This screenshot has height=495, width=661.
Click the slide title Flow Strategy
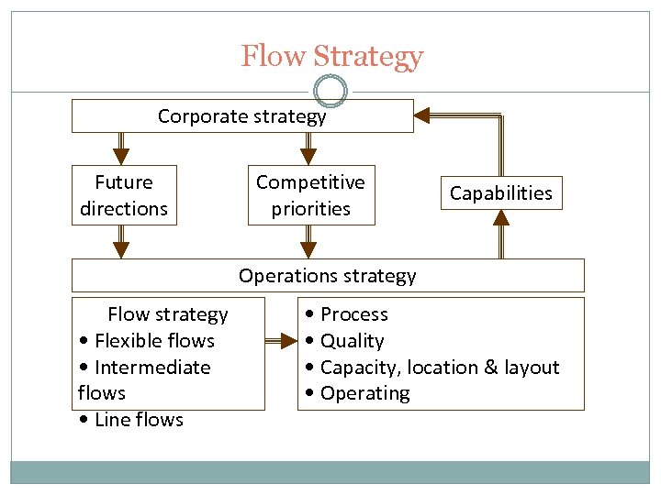[331, 57]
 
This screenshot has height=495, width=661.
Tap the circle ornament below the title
[330, 91]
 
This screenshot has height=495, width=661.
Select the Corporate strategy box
[242, 116]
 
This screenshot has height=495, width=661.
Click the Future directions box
[124, 195]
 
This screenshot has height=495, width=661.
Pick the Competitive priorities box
[310, 195]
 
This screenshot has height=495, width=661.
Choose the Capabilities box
[500, 193]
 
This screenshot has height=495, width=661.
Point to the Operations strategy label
[327, 276]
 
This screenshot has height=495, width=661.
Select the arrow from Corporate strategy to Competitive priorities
[308, 148]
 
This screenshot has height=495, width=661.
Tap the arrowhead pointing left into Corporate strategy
[422, 115]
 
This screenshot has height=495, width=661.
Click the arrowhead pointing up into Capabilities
[500, 218]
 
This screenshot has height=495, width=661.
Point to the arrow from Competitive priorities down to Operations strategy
[308, 242]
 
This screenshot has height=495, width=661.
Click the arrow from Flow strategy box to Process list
[281, 341]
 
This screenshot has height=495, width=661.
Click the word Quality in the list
[352, 341]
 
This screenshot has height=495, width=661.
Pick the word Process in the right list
[353, 314]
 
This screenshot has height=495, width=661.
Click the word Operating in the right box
[364, 393]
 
